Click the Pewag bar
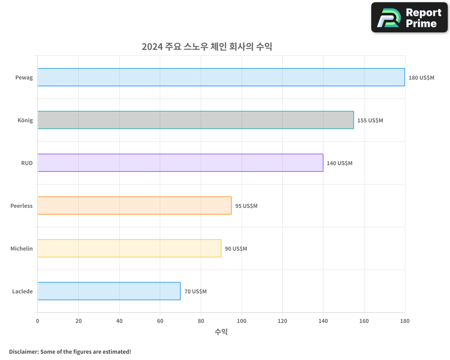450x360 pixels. point(221,77)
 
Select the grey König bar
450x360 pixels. point(196,120)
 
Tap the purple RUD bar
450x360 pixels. point(180,163)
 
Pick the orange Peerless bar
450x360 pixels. point(135,206)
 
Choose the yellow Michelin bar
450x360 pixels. point(130,248)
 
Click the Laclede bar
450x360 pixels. point(109,291)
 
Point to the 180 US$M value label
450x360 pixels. point(421,78)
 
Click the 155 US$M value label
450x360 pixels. point(370,121)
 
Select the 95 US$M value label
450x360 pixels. point(246,206)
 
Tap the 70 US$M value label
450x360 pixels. point(195,292)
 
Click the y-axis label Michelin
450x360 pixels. point(22,248)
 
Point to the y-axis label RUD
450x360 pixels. point(27,163)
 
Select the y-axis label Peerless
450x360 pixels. point(22,206)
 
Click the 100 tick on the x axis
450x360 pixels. point(242,321)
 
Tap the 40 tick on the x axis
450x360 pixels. point(119,321)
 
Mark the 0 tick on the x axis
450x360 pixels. point(38,321)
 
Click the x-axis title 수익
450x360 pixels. point(221,332)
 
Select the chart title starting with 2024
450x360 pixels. point(207,47)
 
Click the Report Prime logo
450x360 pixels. point(409,18)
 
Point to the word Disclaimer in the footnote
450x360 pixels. point(23,351)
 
